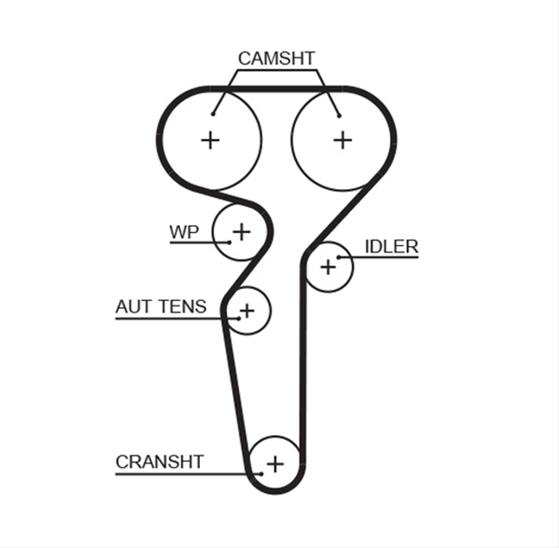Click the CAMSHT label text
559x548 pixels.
276,58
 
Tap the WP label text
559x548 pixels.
184,232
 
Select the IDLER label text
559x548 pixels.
391,246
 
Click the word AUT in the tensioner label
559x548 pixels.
132,306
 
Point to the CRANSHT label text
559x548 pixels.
159,462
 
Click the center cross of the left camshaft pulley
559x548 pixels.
210,140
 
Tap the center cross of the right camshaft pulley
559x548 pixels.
342,140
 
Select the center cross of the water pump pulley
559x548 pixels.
242,232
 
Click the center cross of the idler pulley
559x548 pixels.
328,267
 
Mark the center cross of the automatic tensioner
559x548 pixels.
247,311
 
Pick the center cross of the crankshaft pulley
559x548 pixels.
275,464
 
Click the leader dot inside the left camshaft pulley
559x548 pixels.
213,114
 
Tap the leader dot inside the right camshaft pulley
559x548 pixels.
339,116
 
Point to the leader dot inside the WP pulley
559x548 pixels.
230,243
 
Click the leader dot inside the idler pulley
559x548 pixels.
339,257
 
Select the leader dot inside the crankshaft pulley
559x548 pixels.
261,474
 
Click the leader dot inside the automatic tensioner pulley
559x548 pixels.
238,319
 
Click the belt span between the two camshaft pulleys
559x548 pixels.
276,89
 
